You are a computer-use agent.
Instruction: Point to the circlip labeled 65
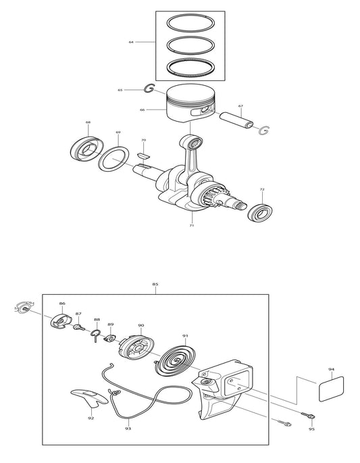[149, 89]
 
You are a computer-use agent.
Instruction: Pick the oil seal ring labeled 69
[115, 160]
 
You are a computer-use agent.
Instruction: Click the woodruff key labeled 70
[141, 156]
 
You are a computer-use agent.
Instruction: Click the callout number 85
[155, 285]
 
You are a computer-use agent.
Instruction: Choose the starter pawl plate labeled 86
[61, 321]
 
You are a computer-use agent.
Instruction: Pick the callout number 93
[128, 428]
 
